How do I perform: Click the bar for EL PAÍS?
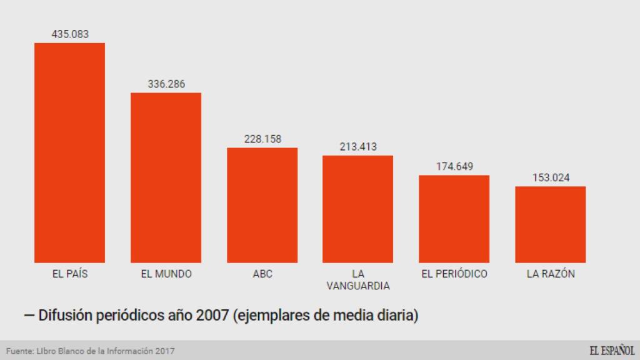(69, 152)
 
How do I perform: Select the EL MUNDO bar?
(166, 177)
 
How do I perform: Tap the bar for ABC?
(262, 205)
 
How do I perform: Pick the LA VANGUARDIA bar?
(357, 209)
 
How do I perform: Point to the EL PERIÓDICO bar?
(454, 219)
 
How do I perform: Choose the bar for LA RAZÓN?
(550, 224)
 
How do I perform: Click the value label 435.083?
(70, 34)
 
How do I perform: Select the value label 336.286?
(166, 84)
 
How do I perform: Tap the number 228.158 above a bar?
(262, 139)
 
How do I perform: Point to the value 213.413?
(358, 146)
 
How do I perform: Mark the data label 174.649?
(454, 166)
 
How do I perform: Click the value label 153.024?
(550, 177)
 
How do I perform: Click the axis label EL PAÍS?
(69, 274)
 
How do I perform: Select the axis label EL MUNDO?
(166, 274)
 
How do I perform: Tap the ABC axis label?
(262, 274)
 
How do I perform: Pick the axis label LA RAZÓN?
(550, 274)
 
